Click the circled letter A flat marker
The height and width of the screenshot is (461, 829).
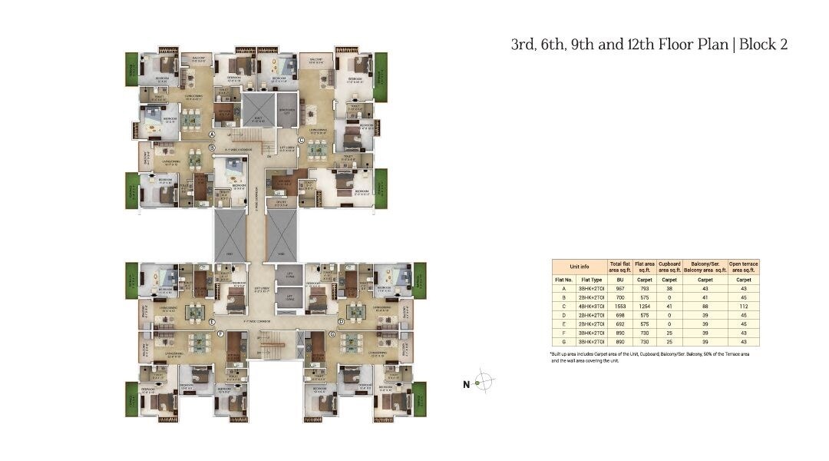click(211, 134)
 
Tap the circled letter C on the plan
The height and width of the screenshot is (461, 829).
click(302, 140)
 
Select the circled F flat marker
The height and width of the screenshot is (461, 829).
click(221, 333)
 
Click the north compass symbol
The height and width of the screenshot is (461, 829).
click(483, 382)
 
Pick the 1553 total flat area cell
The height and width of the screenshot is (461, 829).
click(619, 306)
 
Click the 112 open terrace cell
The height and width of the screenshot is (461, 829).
click(743, 306)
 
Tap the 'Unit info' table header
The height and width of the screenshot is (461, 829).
click(580, 267)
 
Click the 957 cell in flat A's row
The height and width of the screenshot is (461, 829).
click(619, 289)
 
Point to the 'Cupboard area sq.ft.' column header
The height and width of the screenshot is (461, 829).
click(670, 267)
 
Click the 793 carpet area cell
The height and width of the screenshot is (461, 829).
click(644, 289)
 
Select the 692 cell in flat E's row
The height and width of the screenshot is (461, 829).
click(619, 323)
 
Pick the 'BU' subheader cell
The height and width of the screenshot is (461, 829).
click(619, 280)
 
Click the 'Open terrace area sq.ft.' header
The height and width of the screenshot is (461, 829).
click(743, 267)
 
